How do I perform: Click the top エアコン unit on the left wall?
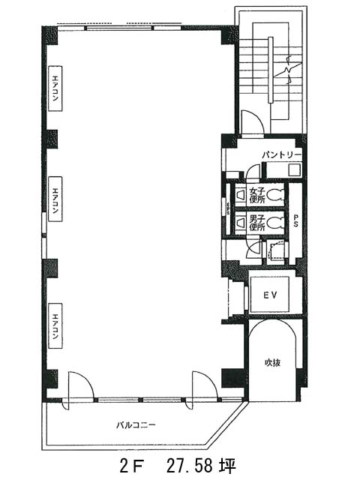click(55, 88)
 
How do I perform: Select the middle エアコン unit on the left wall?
click(55, 199)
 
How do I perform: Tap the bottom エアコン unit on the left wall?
click(55, 325)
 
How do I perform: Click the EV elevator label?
click(270, 295)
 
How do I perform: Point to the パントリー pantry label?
click(282, 155)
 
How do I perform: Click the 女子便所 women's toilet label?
click(257, 195)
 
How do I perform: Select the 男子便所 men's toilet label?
click(257, 223)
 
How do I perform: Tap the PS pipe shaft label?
click(295, 220)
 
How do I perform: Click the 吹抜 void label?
click(272, 363)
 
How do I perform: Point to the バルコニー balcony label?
click(136, 425)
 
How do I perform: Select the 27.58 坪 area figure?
click(201, 466)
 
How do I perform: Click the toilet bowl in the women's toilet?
click(275, 195)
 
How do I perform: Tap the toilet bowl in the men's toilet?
click(275, 223)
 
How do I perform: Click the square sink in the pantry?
click(295, 170)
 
